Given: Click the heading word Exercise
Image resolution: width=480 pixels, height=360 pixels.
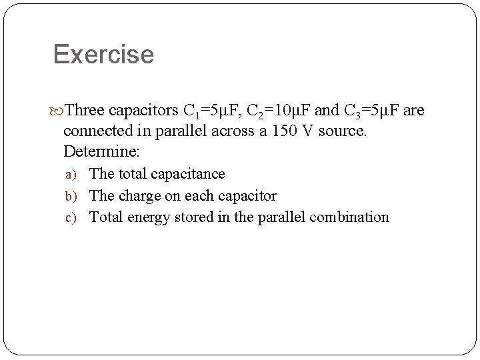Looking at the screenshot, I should (x=103, y=54).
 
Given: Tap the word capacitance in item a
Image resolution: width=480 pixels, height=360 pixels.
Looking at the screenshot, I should (x=189, y=174).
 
